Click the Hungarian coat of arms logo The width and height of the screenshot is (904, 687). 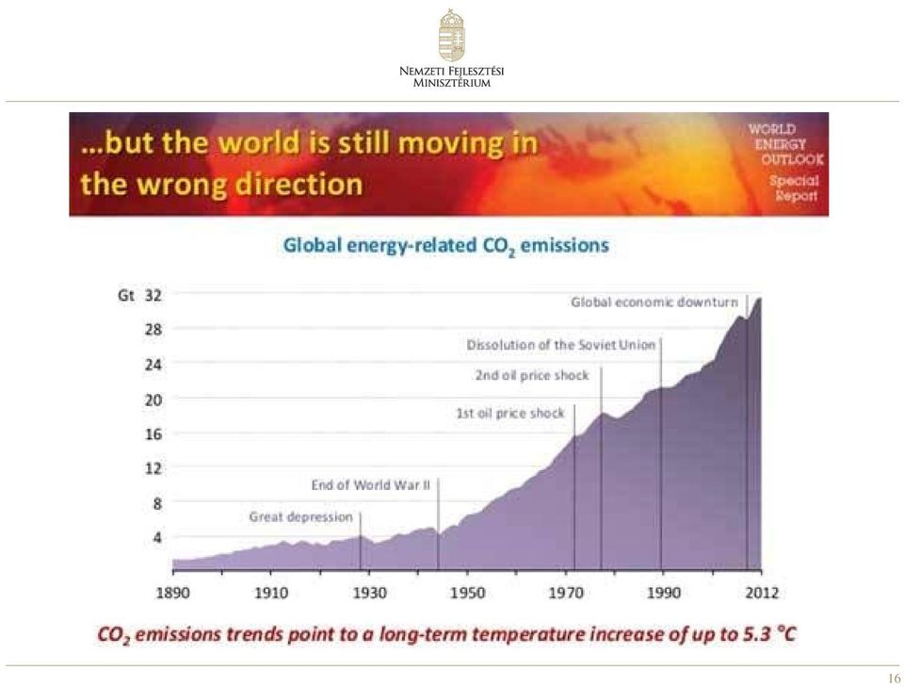coord(451,35)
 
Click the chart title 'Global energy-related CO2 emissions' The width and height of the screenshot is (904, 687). coord(446,246)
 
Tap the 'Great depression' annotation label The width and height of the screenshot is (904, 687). coord(300,516)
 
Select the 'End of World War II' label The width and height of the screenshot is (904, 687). coord(371,485)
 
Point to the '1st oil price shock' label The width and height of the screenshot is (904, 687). coord(510,413)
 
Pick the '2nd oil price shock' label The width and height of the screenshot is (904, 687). coord(532,375)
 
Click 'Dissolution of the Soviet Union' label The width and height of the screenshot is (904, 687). coord(561,345)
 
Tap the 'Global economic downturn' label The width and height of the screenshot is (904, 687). coord(654,303)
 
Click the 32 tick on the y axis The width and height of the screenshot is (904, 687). coord(153,296)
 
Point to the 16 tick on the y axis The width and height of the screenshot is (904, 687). coord(153,433)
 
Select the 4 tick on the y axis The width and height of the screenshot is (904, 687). coord(157,537)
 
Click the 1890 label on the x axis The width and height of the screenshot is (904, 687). coord(173,593)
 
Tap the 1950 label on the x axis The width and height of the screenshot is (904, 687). coord(468,593)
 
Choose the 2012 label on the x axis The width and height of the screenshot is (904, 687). coord(762,593)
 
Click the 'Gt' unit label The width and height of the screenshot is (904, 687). coord(125,296)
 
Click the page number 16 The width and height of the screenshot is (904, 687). coord(895,679)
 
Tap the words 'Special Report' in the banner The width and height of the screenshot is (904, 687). coord(795,188)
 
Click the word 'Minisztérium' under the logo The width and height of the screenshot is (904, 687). coord(451,83)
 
